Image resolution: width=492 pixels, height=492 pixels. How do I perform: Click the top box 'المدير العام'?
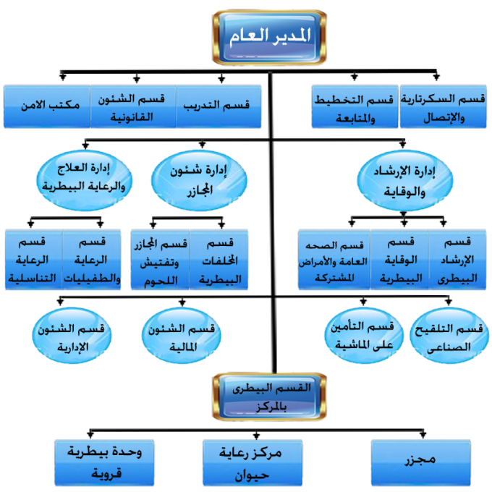pyautogui.click(x=270, y=38)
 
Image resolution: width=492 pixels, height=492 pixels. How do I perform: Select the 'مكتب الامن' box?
pyautogui.click(x=47, y=106)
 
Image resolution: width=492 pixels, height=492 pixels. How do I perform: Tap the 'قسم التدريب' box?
pyautogui.click(x=219, y=106)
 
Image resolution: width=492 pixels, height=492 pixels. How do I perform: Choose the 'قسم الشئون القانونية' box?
pyautogui.click(x=133, y=106)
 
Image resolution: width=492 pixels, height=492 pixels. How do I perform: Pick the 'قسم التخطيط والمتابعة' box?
pyautogui.click(x=355, y=106)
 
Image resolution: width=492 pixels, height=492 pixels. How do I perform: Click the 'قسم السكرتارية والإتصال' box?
pyautogui.click(x=443, y=106)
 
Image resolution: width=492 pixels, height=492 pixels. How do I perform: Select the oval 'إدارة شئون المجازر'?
pyautogui.click(x=199, y=180)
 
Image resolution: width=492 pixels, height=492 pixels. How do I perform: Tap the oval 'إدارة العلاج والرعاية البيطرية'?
pyautogui.click(x=85, y=179)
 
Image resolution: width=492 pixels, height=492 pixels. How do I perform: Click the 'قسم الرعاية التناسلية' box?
pyautogui.click(x=34, y=260)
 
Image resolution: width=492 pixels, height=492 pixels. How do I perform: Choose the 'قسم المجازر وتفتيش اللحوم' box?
pyautogui.click(x=161, y=260)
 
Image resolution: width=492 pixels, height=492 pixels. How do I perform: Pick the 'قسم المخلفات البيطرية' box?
pyautogui.click(x=219, y=260)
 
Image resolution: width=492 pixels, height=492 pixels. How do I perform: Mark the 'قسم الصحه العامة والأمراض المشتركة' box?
pyautogui.click(x=334, y=260)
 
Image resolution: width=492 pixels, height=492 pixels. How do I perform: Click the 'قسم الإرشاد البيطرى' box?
pyautogui.click(x=457, y=260)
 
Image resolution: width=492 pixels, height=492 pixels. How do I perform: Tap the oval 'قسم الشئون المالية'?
pyautogui.click(x=182, y=336)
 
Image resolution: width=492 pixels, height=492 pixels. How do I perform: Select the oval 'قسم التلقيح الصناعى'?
pyautogui.click(x=449, y=336)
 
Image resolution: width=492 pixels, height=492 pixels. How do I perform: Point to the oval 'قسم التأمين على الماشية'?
pyautogui.click(x=364, y=336)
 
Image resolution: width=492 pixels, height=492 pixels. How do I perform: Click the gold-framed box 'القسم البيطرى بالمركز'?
pyautogui.click(x=270, y=397)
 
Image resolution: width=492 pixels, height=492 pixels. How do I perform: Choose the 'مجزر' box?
pyautogui.click(x=421, y=462)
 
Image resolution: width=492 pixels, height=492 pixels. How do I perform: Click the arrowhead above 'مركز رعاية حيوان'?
pyautogui.click(x=256, y=436)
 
